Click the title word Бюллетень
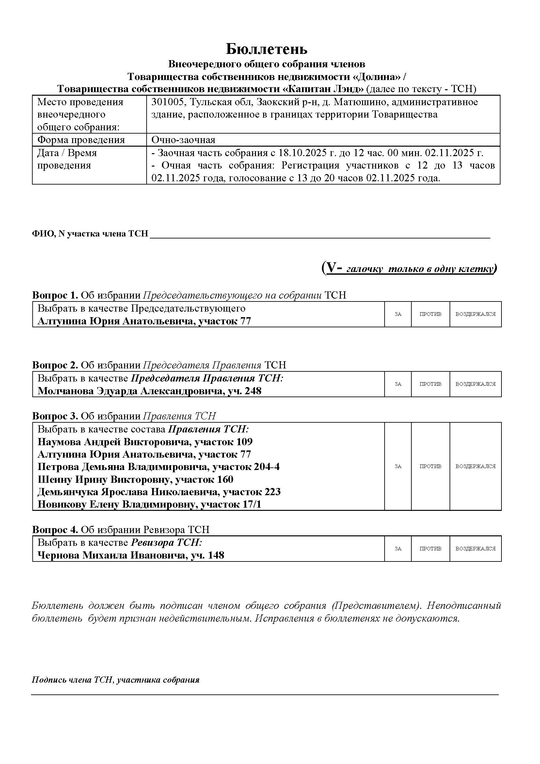click(267, 49)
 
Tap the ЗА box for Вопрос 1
click(398, 314)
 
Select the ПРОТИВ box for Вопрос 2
click(430, 384)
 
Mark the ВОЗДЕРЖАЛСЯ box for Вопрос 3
click(475, 466)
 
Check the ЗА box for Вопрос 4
click(398, 548)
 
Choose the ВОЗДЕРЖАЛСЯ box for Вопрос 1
click(475, 314)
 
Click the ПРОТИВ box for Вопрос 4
click(430, 548)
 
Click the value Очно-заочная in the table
click(183, 140)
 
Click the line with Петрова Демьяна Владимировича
click(158, 466)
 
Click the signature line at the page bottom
click(265, 694)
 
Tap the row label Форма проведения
click(81, 140)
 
